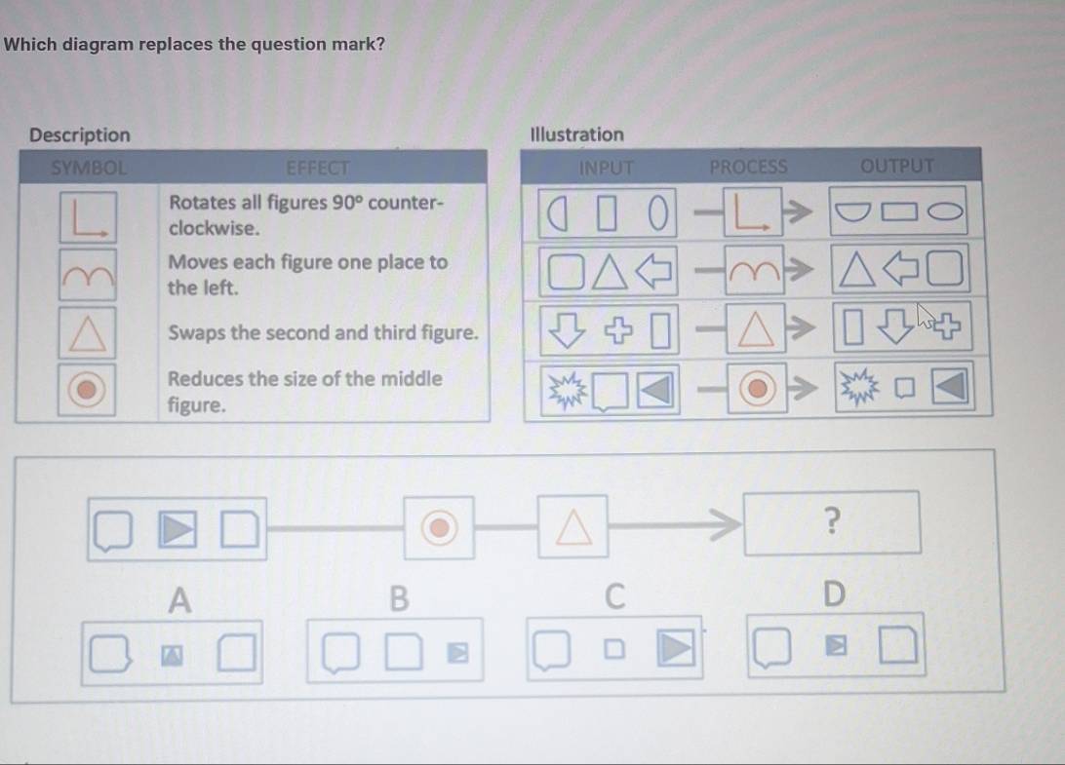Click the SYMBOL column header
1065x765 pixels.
tap(89, 168)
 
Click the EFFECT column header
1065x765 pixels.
tap(317, 168)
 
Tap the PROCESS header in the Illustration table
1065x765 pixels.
tap(748, 167)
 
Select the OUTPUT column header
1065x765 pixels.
tap(896, 166)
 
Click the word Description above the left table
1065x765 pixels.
tap(79, 135)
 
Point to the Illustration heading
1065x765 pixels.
tap(576, 134)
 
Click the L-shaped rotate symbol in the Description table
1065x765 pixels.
tap(88, 217)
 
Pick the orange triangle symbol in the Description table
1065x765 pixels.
tap(87, 332)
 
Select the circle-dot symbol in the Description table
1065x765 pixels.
tap(86, 390)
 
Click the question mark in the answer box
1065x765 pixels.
tap(832, 520)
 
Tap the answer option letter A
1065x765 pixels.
tap(179, 600)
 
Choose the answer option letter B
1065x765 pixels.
tap(400, 598)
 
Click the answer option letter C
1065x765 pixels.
tap(614, 596)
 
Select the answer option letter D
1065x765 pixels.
tap(834, 593)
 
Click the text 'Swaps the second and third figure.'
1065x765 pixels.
tap(324, 332)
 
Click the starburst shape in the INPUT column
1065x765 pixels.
tap(568, 391)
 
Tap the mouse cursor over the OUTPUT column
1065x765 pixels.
tap(926, 316)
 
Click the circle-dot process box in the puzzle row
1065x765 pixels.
tap(439, 527)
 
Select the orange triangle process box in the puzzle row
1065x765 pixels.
tap(572, 527)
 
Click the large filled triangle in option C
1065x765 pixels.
tap(675, 647)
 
